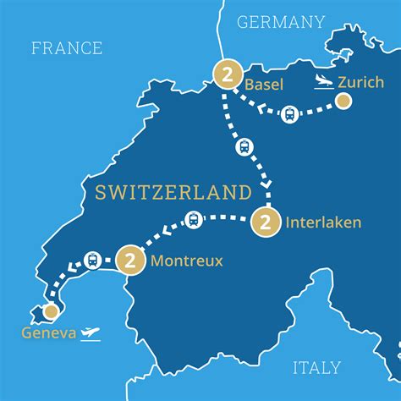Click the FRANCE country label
(67, 48)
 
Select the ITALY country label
(317, 367)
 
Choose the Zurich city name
(360, 82)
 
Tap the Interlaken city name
(323, 223)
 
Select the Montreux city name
(186, 261)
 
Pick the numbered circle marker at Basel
(225, 74)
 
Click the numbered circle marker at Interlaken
(265, 223)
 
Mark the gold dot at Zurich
(343, 102)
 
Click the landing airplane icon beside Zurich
(321, 81)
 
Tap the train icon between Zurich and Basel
(289, 113)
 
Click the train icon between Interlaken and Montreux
(194, 220)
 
